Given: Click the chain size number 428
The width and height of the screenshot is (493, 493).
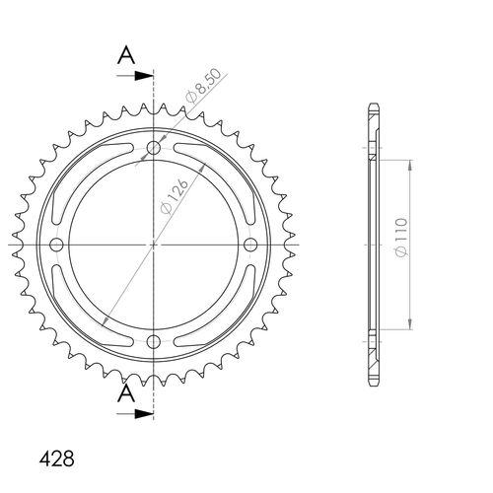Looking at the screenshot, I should pyautogui.click(x=55, y=459).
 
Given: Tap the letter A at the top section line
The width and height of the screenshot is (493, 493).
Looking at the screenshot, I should pyautogui.click(x=125, y=56).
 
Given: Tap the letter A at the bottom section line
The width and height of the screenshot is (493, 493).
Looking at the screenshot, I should pyautogui.click(x=125, y=394).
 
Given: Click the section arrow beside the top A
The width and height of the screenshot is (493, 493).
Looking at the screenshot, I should pyautogui.click(x=144, y=74).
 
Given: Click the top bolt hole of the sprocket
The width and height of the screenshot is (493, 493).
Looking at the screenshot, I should pyautogui.click(x=153, y=149).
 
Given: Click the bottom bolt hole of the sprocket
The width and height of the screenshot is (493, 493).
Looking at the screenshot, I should pyautogui.click(x=153, y=341).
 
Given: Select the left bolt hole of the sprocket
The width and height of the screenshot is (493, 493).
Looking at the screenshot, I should pyautogui.click(x=56, y=245).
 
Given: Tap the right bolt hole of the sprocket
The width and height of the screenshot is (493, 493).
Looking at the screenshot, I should pyautogui.click(x=248, y=245).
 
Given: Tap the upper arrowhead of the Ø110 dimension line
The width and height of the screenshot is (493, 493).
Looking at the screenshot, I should pyautogui.click(x=408, y=169).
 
